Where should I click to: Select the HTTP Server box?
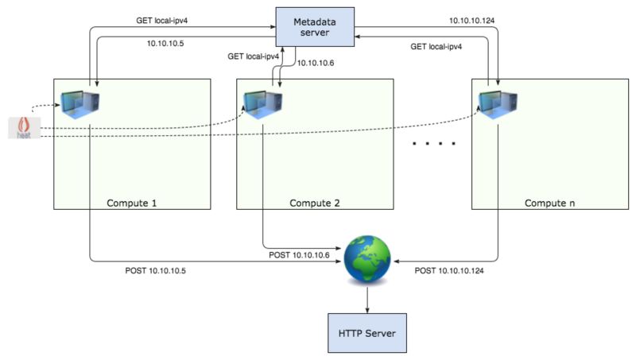click(367, 332)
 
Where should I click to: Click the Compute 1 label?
click(132, 203)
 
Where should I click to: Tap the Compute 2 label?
click(315, 203)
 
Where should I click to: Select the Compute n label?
click(549, 203)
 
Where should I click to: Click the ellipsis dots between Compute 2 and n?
click(432, 145)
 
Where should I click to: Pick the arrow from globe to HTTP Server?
click(367, 299)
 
